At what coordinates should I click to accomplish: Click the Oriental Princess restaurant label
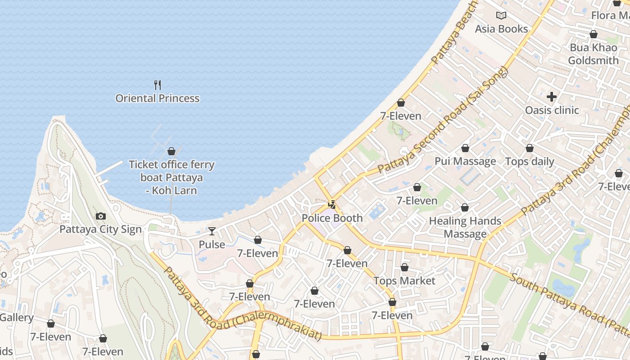click(157, 99)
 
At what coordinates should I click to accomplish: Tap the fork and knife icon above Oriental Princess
click(157, 85)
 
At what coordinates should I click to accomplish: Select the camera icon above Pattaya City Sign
click(101, 216)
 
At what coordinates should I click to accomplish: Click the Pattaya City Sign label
click(100, 229)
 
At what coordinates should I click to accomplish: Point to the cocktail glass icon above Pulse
click(212, 231)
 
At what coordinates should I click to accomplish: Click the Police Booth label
click(332, 218)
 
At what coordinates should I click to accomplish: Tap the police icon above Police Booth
click(332, 205)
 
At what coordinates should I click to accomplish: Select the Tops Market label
click(405, 281)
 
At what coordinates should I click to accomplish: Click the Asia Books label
click(501, 29)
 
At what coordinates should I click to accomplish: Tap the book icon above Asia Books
click(501, 16)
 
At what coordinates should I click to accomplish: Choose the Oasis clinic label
click(552, 110)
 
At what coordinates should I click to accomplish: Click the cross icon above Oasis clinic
click(552, 97)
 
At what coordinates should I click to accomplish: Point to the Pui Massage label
click(465, 161)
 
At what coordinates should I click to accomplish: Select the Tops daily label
click(530, 162)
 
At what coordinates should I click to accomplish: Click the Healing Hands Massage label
click(465, 227)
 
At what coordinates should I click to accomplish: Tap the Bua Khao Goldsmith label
click(593, 54)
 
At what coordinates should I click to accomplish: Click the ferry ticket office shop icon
click(171, 151)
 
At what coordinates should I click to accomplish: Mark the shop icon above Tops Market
click(405, 268)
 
